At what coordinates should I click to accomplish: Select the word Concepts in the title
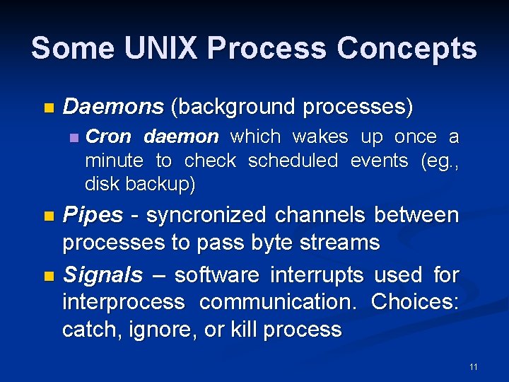point(406,49)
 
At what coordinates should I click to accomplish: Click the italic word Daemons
point(113,108)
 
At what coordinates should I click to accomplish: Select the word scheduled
point(293,161)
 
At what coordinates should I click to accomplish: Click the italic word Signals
point(103,274)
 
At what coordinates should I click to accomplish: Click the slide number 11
point(473,366)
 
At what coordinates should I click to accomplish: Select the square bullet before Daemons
point(48,108)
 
